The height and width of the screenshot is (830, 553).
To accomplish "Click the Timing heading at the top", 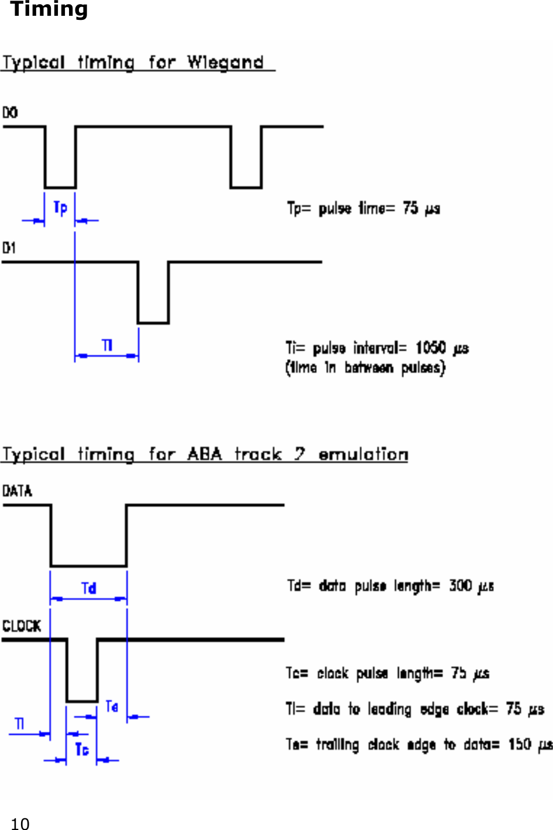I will tap(49, 9).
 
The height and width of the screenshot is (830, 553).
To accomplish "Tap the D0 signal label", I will tap(10, 112).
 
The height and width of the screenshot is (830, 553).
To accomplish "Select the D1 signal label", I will tap(9, 248).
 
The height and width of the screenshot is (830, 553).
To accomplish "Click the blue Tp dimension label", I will tap(60, 208).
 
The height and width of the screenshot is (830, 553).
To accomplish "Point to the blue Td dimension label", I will tap(88, 588).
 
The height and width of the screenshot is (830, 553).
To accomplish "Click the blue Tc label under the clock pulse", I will tap(82, 749).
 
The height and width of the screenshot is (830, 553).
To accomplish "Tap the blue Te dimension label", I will tap(112, 707).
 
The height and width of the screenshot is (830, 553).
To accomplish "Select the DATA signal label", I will tap(17, 491).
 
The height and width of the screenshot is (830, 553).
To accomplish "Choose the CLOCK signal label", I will tap(22, 626).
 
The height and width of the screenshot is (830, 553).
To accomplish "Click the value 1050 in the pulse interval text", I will tap(431, 348).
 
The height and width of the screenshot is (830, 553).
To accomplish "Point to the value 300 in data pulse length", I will tap(460, 586).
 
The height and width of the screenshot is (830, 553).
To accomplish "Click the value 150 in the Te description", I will tap(520, 745).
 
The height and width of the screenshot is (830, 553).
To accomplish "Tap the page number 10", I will tap(20, 824).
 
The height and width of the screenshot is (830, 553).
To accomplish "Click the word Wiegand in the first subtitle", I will tap(225, 62).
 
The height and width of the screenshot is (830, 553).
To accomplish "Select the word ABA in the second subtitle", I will tap(204, 454).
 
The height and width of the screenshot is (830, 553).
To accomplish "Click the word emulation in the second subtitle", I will tap(363, 454).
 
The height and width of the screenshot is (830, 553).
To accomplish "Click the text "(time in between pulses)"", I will tap(365, 368).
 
